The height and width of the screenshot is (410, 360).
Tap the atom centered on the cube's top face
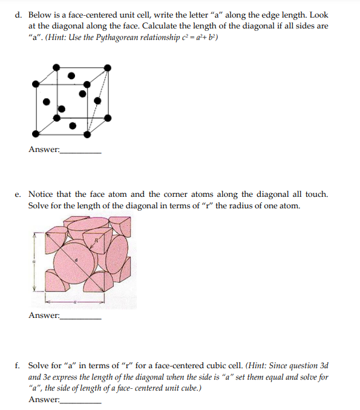pyautogui.click(x=71, y=76)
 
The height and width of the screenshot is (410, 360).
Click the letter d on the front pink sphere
pyautogui.click(x=76, y=261)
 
